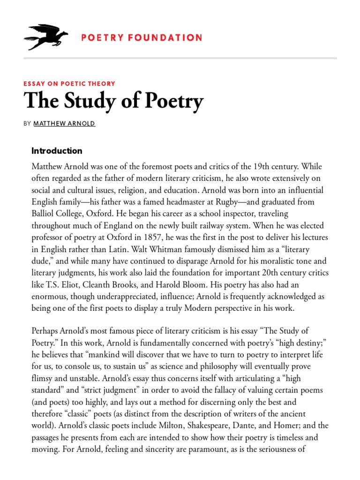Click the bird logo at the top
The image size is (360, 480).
(46, 37)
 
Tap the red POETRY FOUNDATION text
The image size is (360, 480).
(142, 37)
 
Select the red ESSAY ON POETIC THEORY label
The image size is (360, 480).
(69, 83)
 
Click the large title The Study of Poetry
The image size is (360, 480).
(113, 101)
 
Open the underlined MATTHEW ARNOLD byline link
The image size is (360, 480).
(64, 124)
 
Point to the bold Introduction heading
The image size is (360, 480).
(57, 151)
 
